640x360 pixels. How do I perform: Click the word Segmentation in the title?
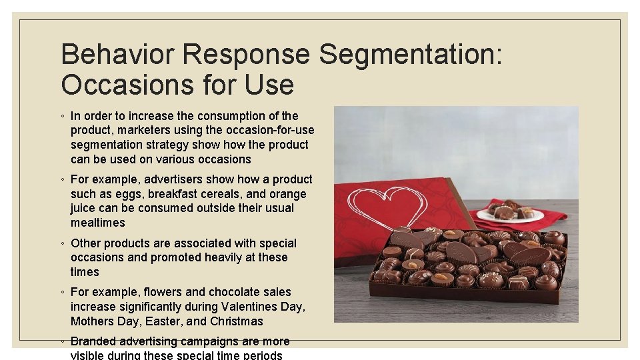pyautogui.click(x=406, y=55)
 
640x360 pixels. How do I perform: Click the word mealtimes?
pyautogui.click(x=98, y=223)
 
